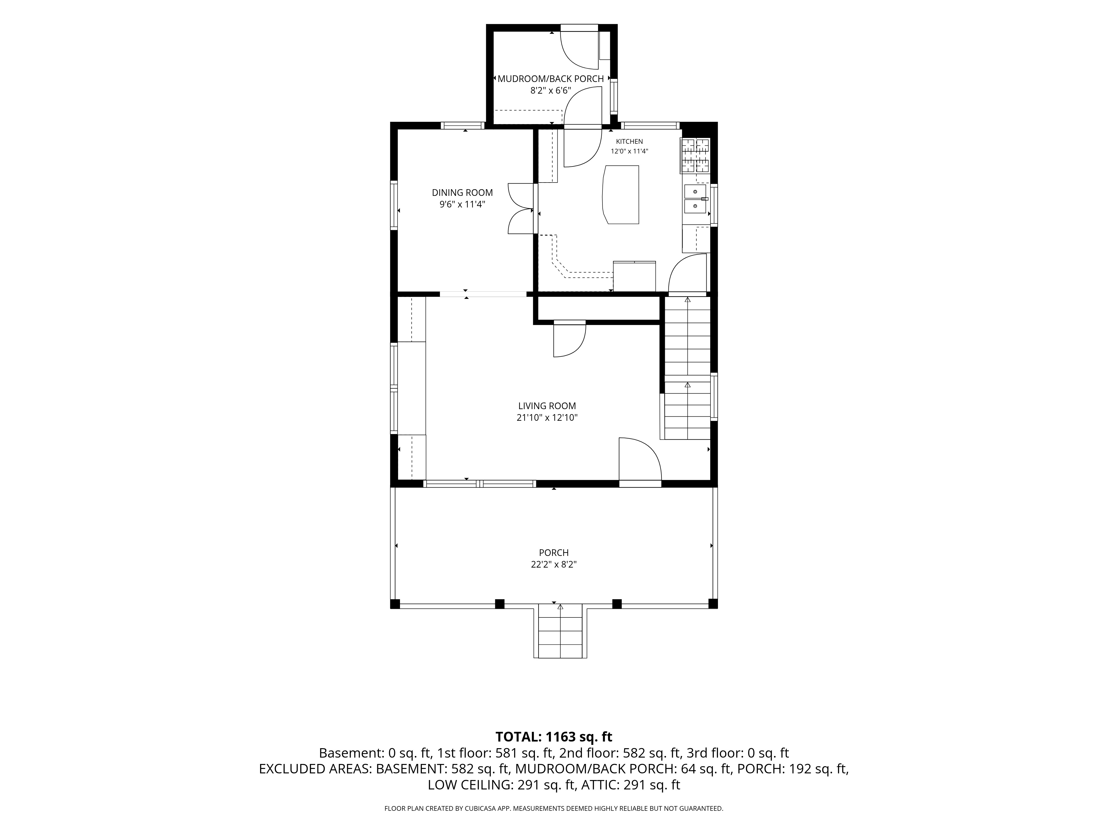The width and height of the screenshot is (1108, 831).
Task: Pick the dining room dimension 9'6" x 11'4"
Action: coord(462,204)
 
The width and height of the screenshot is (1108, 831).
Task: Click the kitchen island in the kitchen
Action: coord(621,195)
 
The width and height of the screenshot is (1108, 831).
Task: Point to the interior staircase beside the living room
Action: coord(687,368)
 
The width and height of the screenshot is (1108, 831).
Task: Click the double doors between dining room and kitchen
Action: coord(521,208)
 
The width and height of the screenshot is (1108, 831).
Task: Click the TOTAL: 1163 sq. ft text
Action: coord(554,737)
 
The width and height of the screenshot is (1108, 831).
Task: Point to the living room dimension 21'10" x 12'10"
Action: coord(547,418)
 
